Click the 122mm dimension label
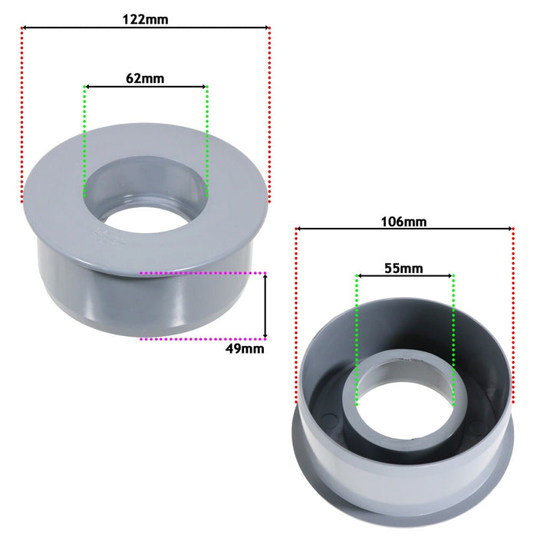(145, 20)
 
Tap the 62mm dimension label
(145, 77)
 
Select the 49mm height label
(246, 348)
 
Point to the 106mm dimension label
(404, 222)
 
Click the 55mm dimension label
(404, 268)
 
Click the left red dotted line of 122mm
(22, 115)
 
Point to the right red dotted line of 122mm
(270, 115)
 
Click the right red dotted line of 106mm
(512, 322)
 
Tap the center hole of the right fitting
(405, 410)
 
